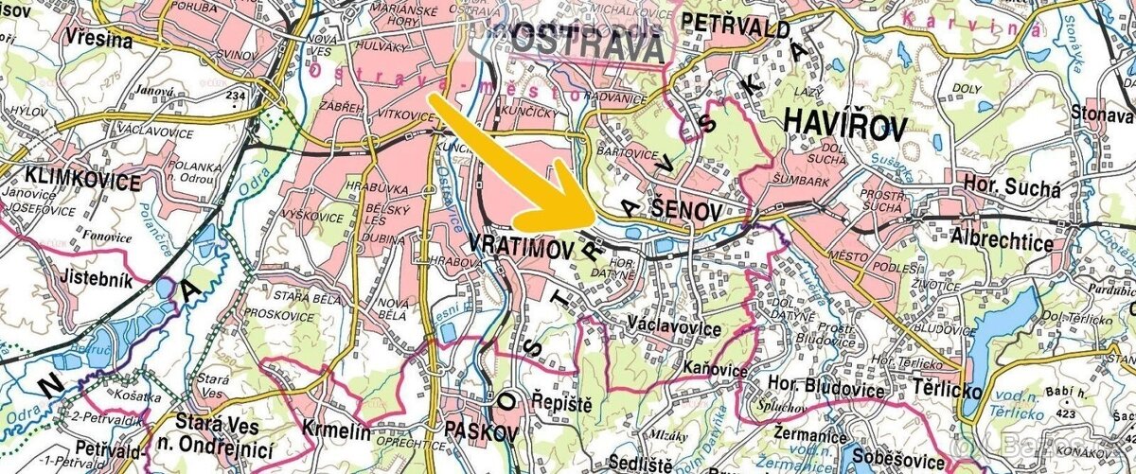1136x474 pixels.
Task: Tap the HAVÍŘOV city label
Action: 844,126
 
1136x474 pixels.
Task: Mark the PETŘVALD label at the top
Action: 736,26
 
